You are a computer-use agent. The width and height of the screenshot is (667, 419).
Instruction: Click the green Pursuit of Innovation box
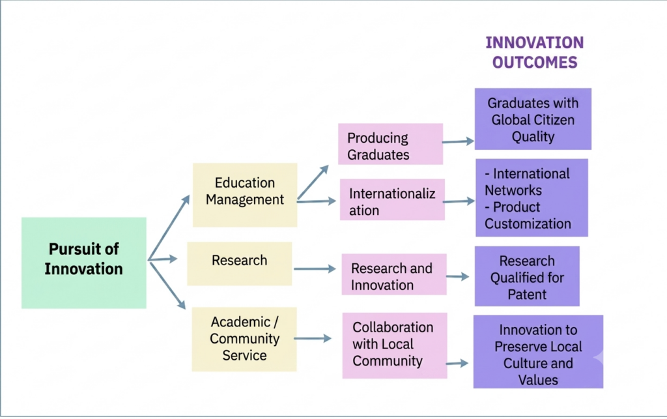click(x=84, y=263)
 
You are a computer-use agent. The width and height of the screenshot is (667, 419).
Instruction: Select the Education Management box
click(x=245, y=195)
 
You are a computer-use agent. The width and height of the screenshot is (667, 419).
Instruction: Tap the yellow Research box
click(x=240, y=264)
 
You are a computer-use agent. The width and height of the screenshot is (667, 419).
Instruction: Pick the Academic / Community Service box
click(x=244, y=339)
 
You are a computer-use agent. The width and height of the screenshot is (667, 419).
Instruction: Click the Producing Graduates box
click(x=391, y=144)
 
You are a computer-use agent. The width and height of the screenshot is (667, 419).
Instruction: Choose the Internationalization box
click(x=392, y=199)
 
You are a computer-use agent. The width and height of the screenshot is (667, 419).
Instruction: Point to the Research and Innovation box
click(x=394, y=274)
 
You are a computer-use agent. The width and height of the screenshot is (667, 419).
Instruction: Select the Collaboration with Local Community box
click(x=395, y=345)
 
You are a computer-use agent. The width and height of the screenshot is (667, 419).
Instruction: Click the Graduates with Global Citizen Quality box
click(x=533, y=119)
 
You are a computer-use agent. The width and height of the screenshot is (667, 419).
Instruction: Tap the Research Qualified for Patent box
click(x=527, y=276)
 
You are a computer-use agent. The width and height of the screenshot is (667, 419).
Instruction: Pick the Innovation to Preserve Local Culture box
click(x=538, y=352)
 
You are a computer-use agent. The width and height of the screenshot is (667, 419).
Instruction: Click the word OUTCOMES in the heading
click(x=535, y=63)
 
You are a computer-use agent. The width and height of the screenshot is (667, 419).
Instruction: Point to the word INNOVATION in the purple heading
click(x=535, y=42)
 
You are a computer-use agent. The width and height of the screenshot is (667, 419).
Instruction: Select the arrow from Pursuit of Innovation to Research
click(x=162, y=259)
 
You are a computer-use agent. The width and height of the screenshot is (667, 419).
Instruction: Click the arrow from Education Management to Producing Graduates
click(x=313, y=182)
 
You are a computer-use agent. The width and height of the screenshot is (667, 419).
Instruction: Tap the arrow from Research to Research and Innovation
click(x=315, y=269)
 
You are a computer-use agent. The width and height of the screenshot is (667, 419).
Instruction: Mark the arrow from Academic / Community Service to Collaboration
click(x=313, y=338)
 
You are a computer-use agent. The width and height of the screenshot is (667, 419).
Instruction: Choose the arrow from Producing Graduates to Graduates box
click(x=458, y=141)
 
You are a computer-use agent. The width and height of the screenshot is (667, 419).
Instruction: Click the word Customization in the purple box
click(x=528, y=224)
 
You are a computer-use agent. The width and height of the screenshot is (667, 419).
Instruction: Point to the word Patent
click(x=527, y=295)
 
